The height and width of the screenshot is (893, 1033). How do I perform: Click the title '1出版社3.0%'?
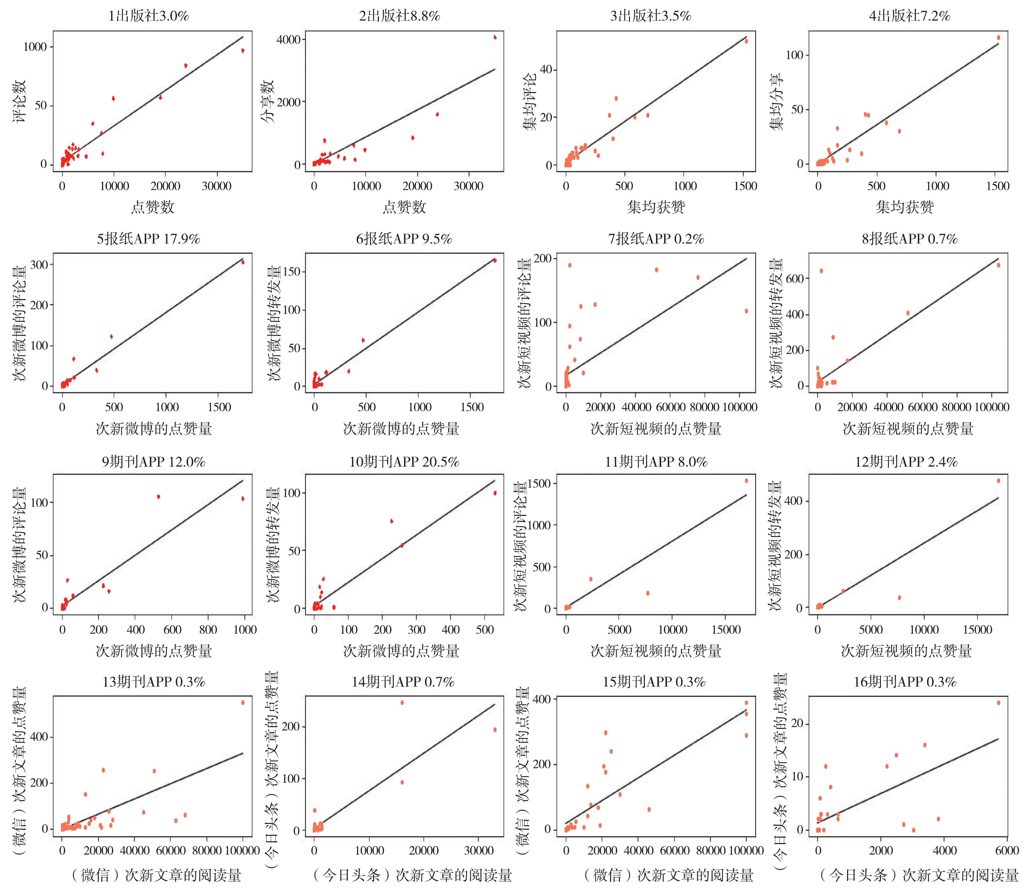pyautogui.click(x=149, y=16)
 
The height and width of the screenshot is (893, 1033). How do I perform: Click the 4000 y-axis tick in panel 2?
pyautogui.click(x=288, y=39)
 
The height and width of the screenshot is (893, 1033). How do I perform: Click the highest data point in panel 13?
pyautogui.click(x=243, y=703)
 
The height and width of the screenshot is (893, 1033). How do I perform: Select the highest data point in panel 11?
pyautogui.click(x=746, y=481)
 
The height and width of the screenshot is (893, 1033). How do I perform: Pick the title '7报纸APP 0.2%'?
pyautogui.click(x=656, y=239)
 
